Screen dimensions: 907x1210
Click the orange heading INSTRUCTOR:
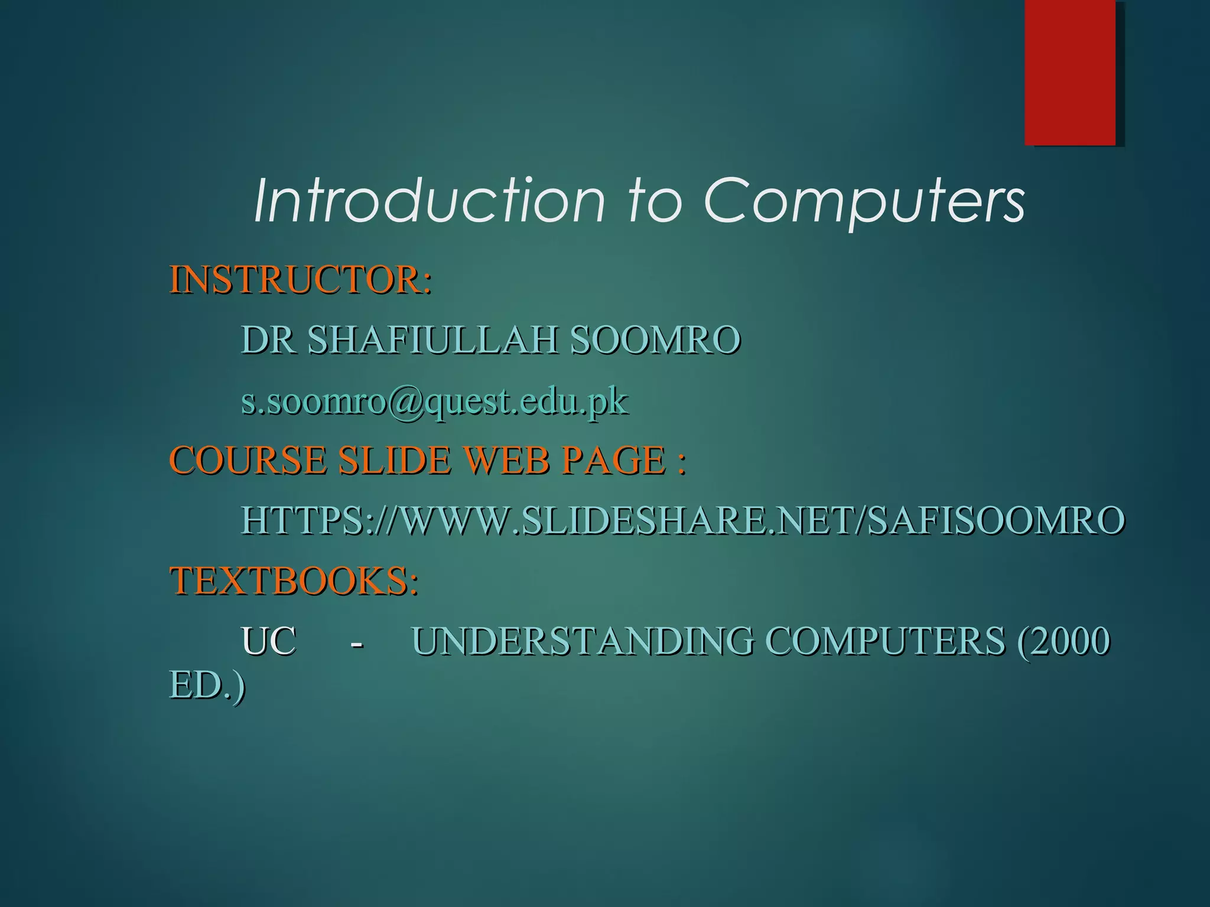click(x=301, y=280)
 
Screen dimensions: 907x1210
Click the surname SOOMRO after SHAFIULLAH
click(x=655, y=341)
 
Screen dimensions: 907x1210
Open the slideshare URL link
click(x=682, y=521)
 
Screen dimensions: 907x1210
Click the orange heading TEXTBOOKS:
click(x=294, y=581)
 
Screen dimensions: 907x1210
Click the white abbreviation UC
click(x=268, y=641)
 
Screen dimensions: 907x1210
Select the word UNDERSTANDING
click(x=582, y=641)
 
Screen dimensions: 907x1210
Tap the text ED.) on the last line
click(x=207, y=686)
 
